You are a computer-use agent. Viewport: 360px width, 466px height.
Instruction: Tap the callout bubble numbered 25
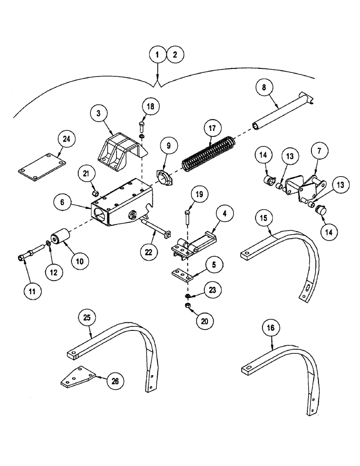click(x=88, y=319)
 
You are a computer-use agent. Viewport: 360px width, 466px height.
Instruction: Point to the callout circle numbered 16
click(x=272, y=329)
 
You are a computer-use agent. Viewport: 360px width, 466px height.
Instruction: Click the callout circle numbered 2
click(x=174, y=55)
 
